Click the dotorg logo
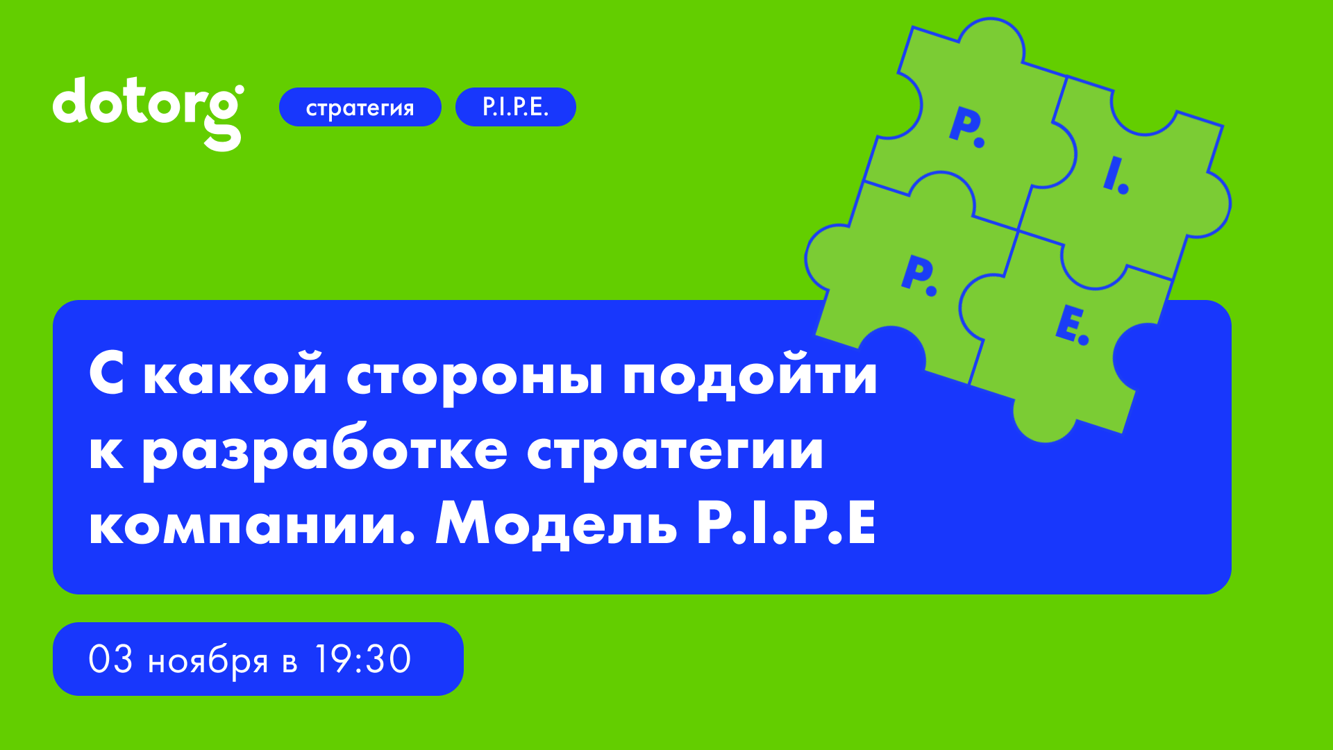coord(148,111)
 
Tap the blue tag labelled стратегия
coord(360,107)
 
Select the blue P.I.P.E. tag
coord(515,107)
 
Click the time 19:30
coord(362,659)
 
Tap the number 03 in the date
coord(110,659)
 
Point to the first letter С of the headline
coord(106,374)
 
